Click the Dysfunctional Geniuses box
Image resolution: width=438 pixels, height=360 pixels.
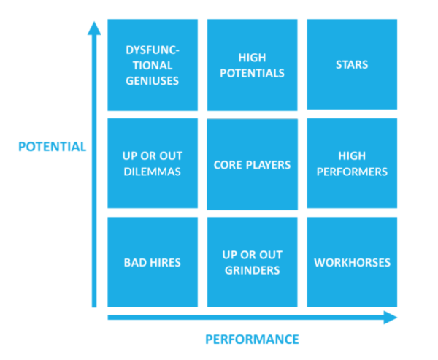pyautogui.click(x=152, y=65)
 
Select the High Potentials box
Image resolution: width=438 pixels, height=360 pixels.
pyautogui.click(x=252, y=65)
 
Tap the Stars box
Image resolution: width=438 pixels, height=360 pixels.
pyautogui.click(x=352, y=65)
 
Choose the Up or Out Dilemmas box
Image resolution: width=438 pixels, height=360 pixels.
pyautogui.click(x=152, y=164)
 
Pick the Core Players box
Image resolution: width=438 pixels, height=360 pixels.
pyautogui.click(x=252, y=164)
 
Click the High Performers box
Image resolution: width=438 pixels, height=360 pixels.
pyautogui.click(x=352, y=164)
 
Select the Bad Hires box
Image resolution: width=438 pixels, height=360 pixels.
pyautogui.click(x=152, y=262)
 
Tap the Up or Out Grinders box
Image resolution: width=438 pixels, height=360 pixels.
pyautogui.click(x=252, y=262)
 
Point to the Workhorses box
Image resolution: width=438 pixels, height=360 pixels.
pyautogui.click(x=352, y=262)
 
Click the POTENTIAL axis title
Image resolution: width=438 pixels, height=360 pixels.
pyautogui.click(x=52, y=147)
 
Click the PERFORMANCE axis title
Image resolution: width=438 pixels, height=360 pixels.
pyautogui.click(x=252, y=339)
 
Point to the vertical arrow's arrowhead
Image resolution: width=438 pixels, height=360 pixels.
pyautogui.click(x=93, y=28)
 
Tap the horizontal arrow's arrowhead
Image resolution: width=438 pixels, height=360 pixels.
pyautogui.click(x=390, y=318)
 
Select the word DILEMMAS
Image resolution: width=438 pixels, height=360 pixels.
pyautogui.click(x=152, y=172)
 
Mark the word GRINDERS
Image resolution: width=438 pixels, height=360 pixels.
pyautogui.click(x=252, y=270)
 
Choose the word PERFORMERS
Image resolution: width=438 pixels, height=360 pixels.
pyautogui.click(x=352, y=172)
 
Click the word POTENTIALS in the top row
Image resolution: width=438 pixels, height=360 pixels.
pyautogui.click(x=252, y=73)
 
